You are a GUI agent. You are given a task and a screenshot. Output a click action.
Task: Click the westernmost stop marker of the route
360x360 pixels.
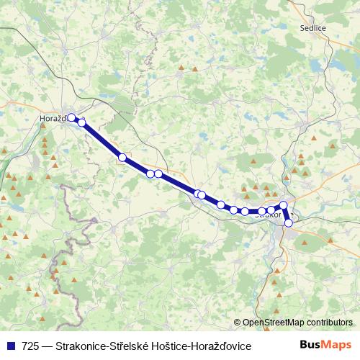[71, 117]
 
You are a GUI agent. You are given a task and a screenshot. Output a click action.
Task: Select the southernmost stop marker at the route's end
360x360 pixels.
[289, 222]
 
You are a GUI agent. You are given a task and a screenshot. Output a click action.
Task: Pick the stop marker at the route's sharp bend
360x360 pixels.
[284, 206]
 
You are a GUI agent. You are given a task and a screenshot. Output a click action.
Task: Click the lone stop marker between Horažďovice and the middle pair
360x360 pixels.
[122, 157]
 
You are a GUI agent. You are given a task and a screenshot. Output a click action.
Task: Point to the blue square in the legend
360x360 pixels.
[12, 346]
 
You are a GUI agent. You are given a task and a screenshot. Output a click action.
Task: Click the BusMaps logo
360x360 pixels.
[325, 346]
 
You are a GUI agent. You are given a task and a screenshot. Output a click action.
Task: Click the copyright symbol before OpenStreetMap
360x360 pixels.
[238, 323]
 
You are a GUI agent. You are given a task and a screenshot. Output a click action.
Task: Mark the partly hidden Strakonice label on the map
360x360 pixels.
[269, 214]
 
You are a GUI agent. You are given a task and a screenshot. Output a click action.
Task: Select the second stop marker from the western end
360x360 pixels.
[82, 122]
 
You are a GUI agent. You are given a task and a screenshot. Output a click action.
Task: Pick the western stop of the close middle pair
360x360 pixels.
[150, 174]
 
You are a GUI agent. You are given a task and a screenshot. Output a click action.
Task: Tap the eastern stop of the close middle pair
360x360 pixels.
[158, 174]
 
